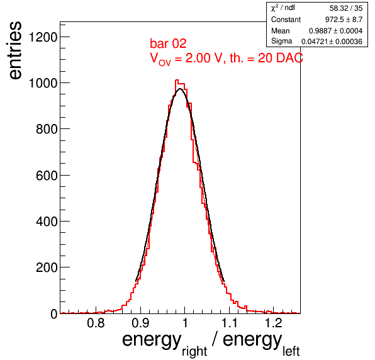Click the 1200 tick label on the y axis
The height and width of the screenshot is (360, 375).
point(43,37)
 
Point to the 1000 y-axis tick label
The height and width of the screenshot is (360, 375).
point(43,83)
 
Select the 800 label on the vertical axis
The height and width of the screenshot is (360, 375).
point(47,129)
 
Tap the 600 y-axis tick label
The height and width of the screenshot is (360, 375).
point(47,176)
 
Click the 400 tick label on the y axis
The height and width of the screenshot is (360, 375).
point(47,222)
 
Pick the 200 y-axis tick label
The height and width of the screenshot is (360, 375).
point(47,267)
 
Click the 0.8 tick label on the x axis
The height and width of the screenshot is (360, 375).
point(96,323)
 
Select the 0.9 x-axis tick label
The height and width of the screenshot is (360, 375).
point(141,323)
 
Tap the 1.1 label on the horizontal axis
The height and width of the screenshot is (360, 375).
point(230,323)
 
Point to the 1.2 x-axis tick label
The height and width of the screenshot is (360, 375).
point(274,323)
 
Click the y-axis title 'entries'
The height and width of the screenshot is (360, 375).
point(15,50)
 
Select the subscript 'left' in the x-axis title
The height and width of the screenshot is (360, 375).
point(291,351)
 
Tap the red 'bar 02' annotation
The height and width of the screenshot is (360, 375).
point(168,43)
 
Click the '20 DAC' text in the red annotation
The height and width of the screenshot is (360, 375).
point(281,58)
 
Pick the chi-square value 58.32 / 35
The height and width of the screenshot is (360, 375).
point(346,8)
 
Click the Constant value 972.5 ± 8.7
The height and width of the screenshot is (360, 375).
point(344,20)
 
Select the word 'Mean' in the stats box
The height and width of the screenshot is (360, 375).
point(280,31)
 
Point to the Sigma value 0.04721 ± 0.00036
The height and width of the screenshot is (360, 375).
point(332,42)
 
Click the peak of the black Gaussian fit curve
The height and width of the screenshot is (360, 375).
point(180,89)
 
